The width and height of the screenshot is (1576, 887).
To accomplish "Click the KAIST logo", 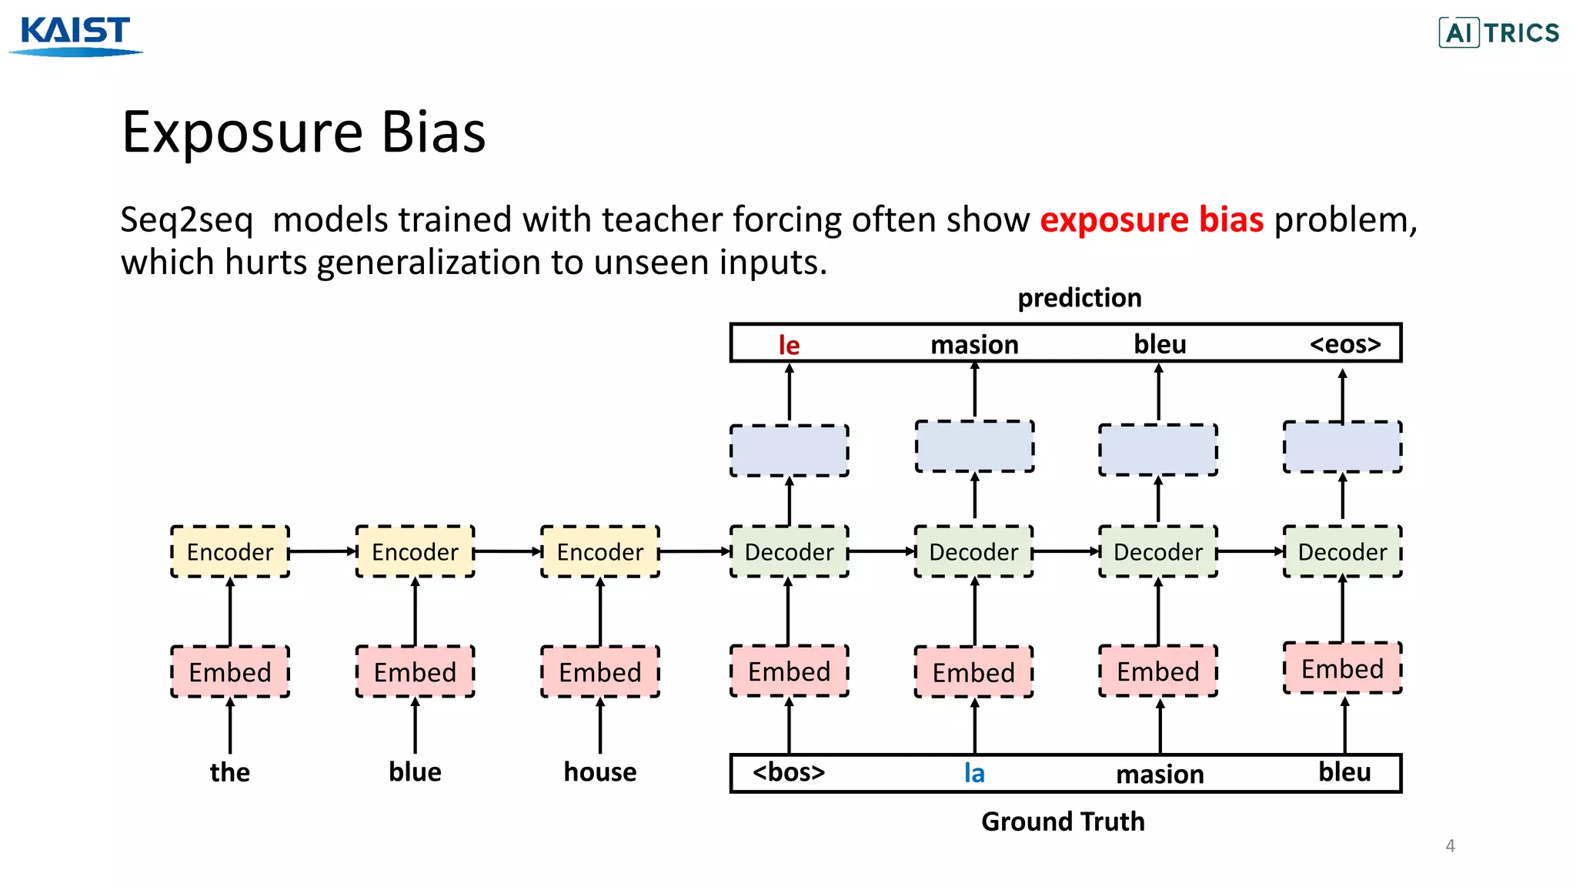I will [75, 35].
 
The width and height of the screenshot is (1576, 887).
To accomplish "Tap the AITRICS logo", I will [1498, 33].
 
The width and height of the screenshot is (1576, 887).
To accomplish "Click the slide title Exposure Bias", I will [303, 132].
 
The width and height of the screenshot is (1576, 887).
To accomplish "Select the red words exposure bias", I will [1151, 220].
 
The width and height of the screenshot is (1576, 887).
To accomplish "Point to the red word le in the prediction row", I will [789, 345].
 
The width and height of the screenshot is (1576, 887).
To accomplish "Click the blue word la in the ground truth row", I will [974, 773].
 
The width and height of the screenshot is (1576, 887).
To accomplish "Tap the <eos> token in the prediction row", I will [1345, 343].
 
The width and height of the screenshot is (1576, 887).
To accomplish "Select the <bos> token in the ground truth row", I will [789, 772].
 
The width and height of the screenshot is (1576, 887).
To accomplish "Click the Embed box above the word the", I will [230, 672].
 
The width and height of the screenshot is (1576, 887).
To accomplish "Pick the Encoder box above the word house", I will [600, 552].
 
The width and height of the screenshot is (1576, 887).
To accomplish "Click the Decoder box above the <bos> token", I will [789, 552].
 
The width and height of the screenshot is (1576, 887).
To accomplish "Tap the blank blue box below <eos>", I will [1342, 447].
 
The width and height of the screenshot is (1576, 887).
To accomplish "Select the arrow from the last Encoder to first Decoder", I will [694, 551].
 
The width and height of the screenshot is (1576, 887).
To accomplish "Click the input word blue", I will [415, 772].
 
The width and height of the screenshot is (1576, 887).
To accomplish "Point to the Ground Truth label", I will [1063, 822].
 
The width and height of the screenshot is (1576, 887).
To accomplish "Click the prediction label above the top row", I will [1079, 298].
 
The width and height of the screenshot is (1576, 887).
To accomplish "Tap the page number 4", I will [1450, 845].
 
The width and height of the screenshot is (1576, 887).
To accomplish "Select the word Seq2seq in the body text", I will [187, 220].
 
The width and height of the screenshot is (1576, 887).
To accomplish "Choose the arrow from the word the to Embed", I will [230, 725].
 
